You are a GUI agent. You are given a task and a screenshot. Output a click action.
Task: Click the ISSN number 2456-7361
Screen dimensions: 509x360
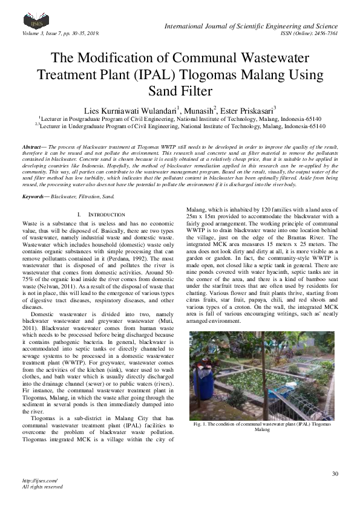325,33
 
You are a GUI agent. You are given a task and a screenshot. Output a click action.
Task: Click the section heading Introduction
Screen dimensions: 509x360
106,215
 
